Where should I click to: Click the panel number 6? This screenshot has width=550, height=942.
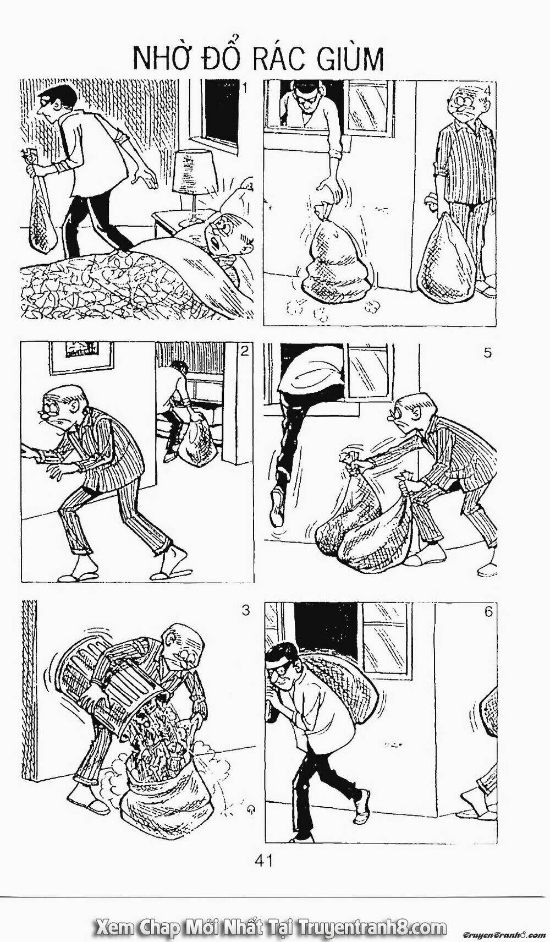tap(488, 612)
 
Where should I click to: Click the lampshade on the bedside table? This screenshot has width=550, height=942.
tap(192, 173)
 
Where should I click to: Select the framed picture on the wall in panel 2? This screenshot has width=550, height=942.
tap(81, 358)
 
